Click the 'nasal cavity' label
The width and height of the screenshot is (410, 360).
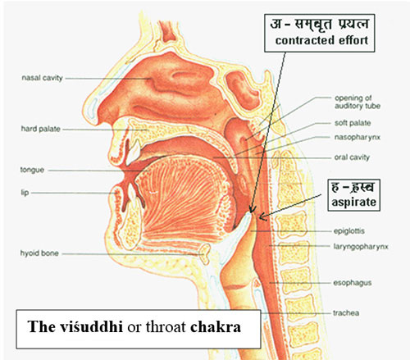[x=42, y=78]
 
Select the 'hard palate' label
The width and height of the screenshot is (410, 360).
[x=41, y=129]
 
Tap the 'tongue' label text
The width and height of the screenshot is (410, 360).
[x=32, y=170]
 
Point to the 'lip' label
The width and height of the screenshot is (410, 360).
[x=25, y=193]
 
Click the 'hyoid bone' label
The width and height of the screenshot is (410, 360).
[x=39, y=253]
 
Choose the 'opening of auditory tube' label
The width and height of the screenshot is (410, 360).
[x=358, y=102]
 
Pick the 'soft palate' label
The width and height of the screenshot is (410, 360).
[x=353, y=123]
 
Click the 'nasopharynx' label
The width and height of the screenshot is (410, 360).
[x=358, y=137]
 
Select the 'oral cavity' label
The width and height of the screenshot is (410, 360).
[x=352, y=157]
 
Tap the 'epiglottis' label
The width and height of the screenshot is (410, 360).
[x=349, y=231]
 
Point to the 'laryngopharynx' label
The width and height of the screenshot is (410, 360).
[x=361, y=247]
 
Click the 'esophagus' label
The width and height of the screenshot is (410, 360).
[x=353, y=283]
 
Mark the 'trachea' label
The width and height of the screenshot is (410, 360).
[x=346, y=312]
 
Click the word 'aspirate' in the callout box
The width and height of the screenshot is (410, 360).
[x=353, y=202]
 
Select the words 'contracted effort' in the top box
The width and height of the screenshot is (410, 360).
[x=321, y=40]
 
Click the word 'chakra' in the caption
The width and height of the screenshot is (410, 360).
[x=216, y=326]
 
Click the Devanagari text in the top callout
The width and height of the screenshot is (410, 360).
[x=320, y=24]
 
